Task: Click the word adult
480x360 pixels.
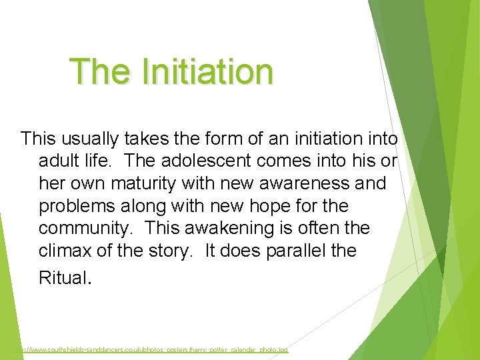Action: coord(59,161)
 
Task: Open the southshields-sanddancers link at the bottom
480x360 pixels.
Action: coord(150,349)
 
